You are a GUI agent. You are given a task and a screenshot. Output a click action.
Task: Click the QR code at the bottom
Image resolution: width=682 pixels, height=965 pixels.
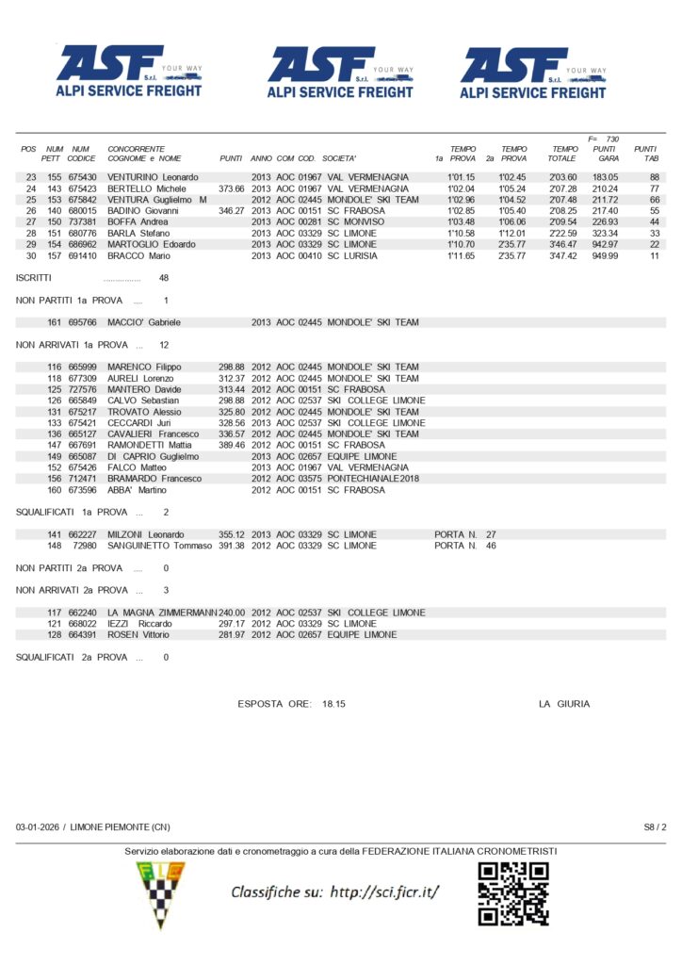coord(512,892)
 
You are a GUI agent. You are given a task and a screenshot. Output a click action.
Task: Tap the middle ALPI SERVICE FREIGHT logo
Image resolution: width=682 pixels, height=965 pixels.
coord(340,73)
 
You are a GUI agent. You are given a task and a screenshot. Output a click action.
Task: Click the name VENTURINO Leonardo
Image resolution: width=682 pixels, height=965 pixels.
coord(153,177)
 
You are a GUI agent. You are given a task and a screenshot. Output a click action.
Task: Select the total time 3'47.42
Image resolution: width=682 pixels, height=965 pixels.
coord(562,256)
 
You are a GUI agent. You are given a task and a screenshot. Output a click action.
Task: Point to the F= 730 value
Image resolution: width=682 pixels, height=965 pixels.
coord(602,139)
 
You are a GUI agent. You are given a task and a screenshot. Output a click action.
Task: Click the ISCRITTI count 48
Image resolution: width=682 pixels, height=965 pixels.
coord(164,278)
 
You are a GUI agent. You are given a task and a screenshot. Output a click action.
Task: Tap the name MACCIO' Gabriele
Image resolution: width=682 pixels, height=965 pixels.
coord(144,322)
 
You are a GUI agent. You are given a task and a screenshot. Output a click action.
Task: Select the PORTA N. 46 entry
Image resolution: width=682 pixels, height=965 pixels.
coord(465,546)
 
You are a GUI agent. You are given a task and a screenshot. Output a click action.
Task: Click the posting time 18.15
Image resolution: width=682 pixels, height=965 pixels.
coord(333,704)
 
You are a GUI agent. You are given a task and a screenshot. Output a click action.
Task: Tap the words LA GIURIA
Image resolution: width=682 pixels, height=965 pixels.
coord(564,704)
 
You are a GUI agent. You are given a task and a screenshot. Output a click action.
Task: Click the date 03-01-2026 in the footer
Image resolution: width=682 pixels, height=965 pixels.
coord(38,826)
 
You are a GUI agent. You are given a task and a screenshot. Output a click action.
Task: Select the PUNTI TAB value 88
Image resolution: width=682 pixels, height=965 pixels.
coord(654,177)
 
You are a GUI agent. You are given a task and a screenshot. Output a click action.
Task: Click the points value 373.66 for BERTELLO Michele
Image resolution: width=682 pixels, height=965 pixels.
coord(232,188)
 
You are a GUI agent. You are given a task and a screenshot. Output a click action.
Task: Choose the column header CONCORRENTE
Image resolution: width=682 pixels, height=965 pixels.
coord(137,149)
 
